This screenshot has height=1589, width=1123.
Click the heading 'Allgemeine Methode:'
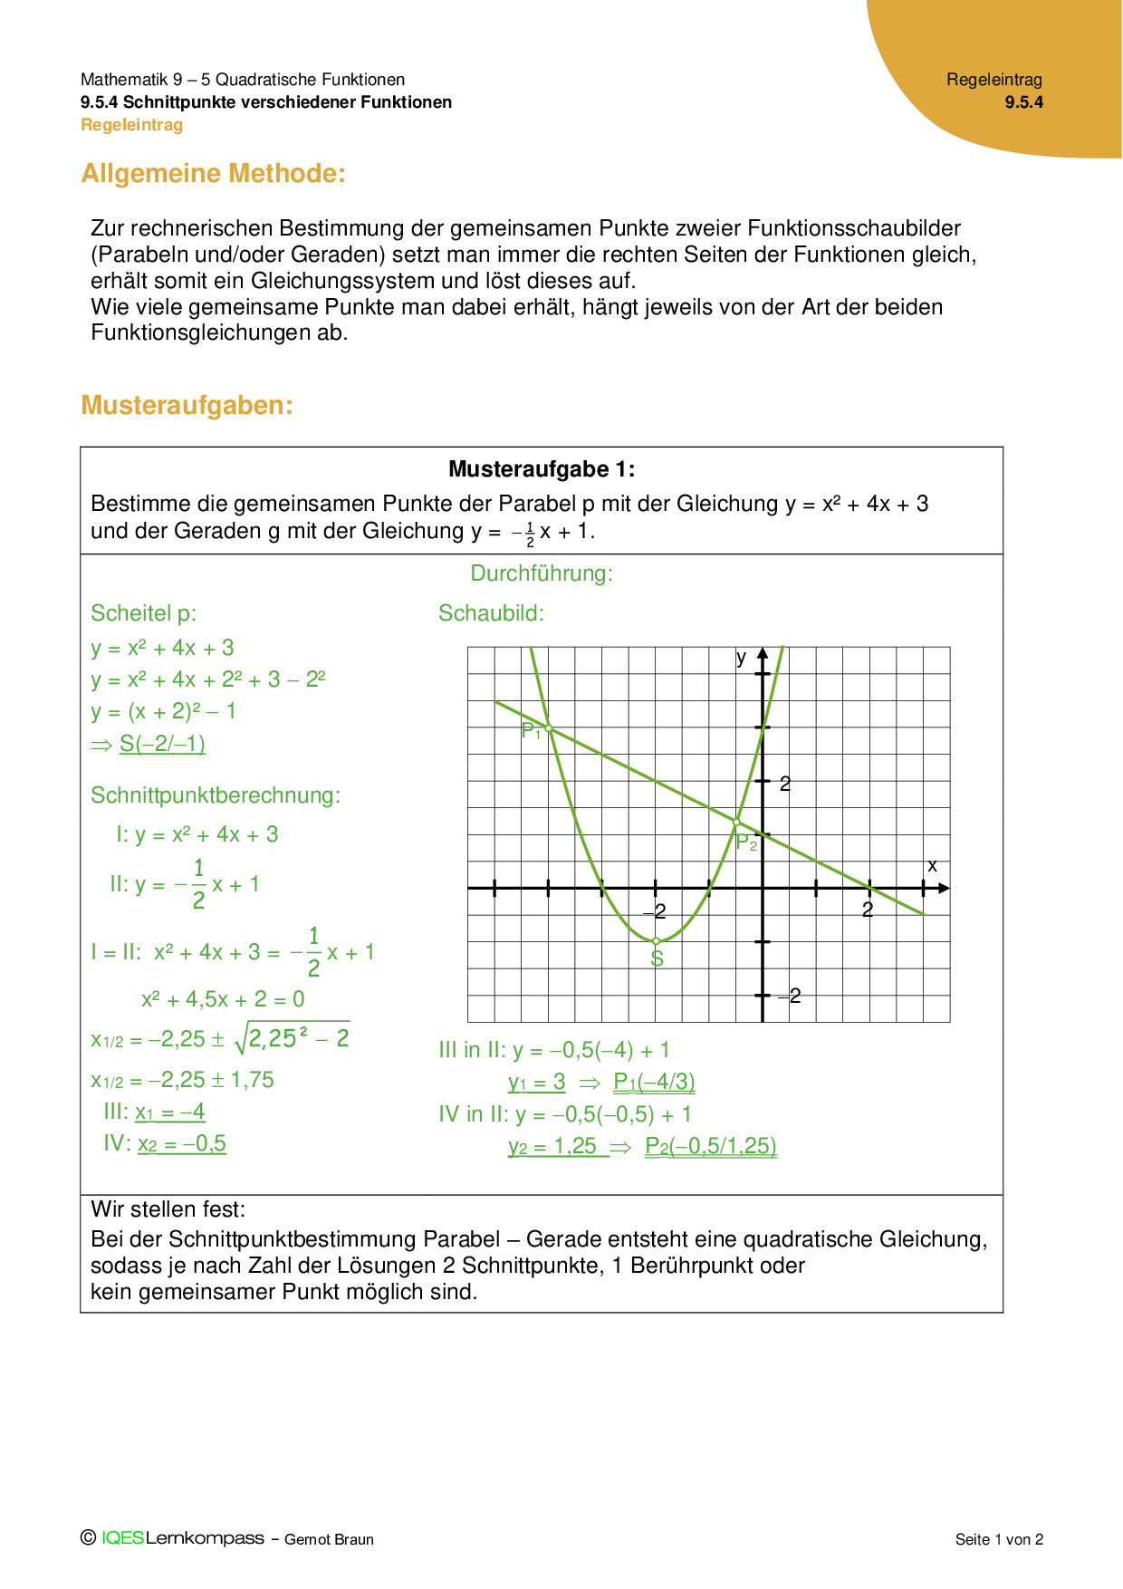(213, 174)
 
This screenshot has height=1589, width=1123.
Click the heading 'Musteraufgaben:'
(187, 406)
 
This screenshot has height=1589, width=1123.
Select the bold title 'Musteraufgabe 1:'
(542, 469)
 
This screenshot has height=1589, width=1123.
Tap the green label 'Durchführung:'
(542, 573)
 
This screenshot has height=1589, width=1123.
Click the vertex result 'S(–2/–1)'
(162, 744)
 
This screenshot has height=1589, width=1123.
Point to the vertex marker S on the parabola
(657, 941)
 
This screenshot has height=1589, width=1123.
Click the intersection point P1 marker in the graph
(549, 728)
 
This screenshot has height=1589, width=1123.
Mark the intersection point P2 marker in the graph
(736, 823)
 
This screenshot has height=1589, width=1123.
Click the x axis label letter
(932, 866)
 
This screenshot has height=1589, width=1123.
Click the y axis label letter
(741, 658)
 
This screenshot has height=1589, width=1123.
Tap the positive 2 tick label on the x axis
(868, 910)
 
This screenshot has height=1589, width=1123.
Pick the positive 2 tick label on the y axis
(785, 784)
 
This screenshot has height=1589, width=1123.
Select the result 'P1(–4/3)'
(654, 1082)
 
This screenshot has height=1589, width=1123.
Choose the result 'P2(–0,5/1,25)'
(710, 1146)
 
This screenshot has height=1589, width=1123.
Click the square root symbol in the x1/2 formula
(241, 1039)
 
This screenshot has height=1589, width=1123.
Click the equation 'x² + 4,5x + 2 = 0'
(223, 999)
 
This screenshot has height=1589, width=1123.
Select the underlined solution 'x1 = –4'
(170, 1112)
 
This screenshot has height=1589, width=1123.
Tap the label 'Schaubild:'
(491, 613)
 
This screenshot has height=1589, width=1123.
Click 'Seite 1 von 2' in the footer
(999, 1539)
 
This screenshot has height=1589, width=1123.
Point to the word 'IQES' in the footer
(123, 1538)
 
